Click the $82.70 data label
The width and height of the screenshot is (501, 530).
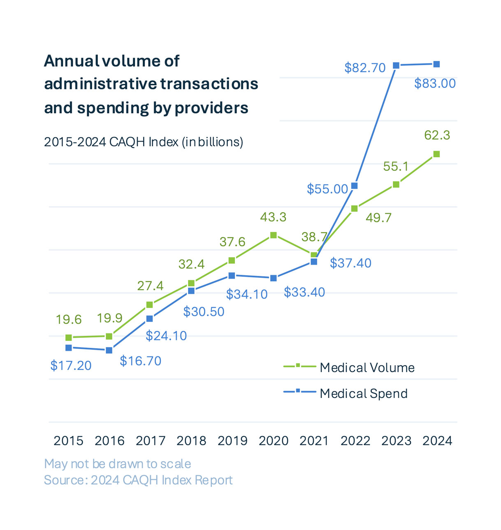365,67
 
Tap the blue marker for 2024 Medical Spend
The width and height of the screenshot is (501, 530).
437,64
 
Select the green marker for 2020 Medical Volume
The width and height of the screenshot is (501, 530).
274,235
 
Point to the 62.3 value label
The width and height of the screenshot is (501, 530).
437,135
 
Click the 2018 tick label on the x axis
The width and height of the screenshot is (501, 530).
191,441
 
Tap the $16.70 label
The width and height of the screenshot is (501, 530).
140,361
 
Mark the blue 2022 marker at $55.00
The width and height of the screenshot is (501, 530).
355,186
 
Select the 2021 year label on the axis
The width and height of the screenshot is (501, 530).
314,441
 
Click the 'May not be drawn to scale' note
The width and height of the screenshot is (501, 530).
117,464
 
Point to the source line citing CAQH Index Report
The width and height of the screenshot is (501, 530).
138,480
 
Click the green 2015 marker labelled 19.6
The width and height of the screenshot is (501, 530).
69,338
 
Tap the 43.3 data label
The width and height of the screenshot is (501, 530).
273,217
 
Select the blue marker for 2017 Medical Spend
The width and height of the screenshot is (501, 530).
150,319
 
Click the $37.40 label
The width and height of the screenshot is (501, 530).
350,263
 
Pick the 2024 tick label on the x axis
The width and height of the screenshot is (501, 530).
437,441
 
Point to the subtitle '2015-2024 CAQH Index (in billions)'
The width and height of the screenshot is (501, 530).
144,142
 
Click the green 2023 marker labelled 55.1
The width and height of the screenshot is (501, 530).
396,185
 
